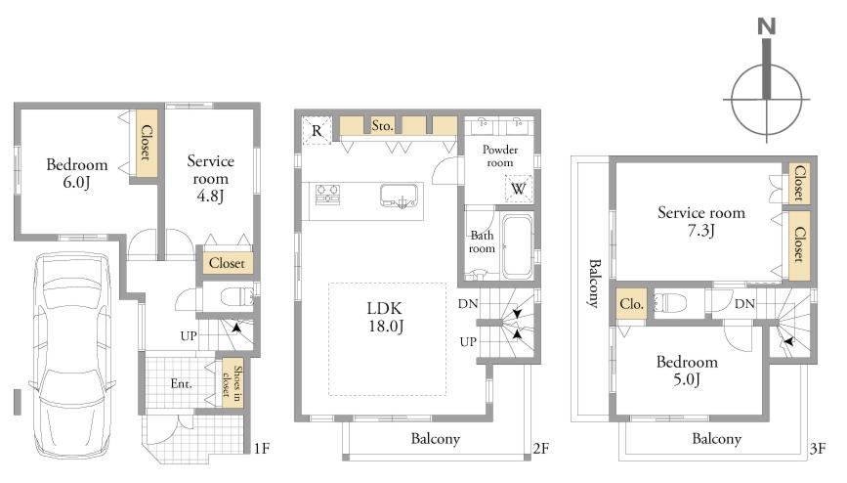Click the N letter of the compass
click(767, 26)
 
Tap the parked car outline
click(72, 357)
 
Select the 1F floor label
click(262, 449)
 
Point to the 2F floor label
click(540, 449)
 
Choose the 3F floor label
click(818, 449)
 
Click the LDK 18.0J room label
click(385, 317)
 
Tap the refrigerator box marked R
click(317, 130)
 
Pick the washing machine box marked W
click(518, 189)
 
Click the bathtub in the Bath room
click(517, 246)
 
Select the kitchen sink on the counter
click(400, 196)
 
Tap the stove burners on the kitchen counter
click(328, 195)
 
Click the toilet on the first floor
click(237, 297)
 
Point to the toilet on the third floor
click(670, 302)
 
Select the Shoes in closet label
click(233, 381)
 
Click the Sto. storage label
click(382, 125)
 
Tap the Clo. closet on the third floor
click(631, 303)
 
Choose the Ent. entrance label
click(181, 383)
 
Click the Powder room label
click(500, 155)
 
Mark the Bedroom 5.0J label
click(687, 370)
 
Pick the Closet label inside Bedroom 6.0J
click(147, 143)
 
